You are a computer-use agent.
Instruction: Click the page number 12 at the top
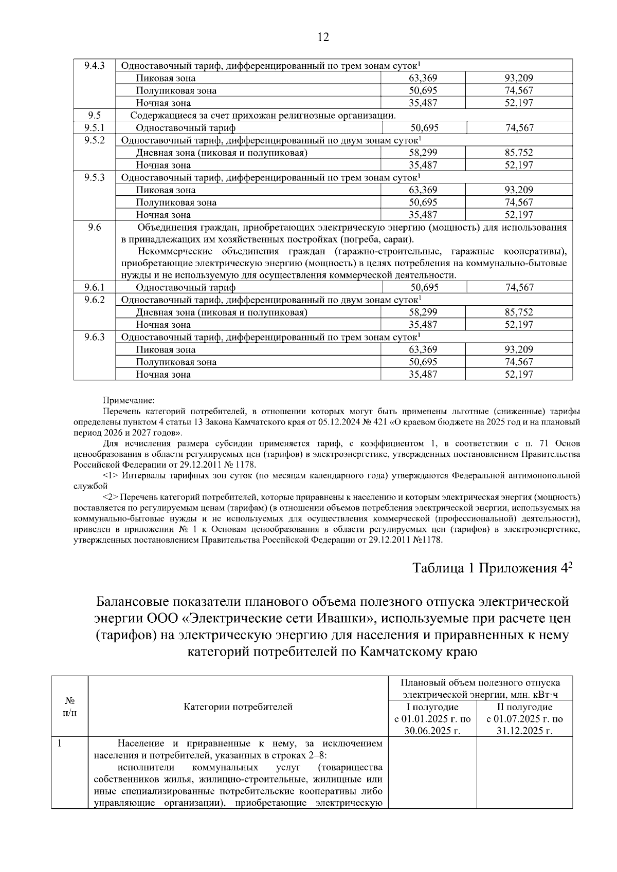[x=323, y=37]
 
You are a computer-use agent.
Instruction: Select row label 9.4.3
[x=94, y=66]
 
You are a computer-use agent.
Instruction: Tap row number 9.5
[x=94, y=115]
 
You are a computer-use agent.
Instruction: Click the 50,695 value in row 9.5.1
[x=424, y=128]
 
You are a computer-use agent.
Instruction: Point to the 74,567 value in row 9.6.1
[x=519, y=288]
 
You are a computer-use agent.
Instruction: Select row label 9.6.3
[x=94, y=337]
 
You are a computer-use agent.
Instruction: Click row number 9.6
[x=94, y=228]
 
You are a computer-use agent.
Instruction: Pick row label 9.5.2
[x=94, y=140]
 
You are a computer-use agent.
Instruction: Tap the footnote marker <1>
[x=112, y=476]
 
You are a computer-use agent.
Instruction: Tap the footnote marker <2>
[x=112, y=497]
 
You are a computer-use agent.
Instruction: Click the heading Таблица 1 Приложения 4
[x=492, y=568]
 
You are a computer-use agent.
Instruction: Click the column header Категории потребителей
[x=238, y=707]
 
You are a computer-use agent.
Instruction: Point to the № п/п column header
[x=70, y=707]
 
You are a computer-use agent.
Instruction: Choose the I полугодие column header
[x=432, y=707]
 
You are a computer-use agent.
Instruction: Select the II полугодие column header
[x=524, y=707]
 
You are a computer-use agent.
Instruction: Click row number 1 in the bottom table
[x=60, y=744]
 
